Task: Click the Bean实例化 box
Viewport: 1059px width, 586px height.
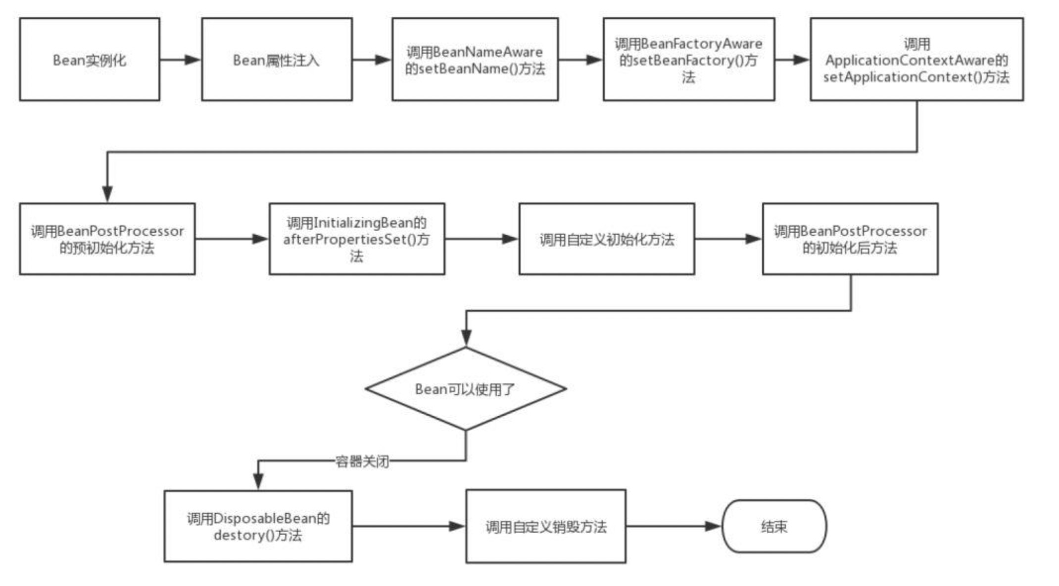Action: tap(90, 59)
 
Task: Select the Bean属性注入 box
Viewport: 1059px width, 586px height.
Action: tap(277, 59)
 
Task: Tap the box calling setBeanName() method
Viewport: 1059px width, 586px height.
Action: tap(475, 59)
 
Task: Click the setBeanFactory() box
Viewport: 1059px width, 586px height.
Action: tap(688, 59)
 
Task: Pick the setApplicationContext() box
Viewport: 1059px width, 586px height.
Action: tap(916, 59)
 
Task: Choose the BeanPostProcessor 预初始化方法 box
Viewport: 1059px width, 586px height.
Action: tap(107, 239)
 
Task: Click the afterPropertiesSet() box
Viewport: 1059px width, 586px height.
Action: tap(356, 239)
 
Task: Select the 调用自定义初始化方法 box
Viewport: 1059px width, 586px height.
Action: tap(606, 239)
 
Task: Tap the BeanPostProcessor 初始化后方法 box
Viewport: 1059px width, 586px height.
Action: tap(850, 239)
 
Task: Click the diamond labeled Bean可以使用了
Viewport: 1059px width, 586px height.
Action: tap(465, 389)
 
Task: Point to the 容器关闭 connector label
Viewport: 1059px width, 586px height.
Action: tap(362, 461)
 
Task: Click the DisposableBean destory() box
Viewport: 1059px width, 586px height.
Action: tap(258, 526)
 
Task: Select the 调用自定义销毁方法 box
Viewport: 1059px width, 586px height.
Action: tap(545, 526)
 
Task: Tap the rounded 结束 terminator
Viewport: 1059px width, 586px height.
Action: tap(774, 526)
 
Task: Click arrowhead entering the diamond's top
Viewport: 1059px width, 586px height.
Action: tap(466, 338)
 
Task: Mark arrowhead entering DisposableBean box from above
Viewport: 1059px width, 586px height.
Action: tap(258, 481)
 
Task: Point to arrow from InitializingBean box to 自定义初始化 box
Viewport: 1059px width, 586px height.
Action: tap(509, 239)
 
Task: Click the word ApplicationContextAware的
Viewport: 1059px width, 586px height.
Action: tap(916, 60)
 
